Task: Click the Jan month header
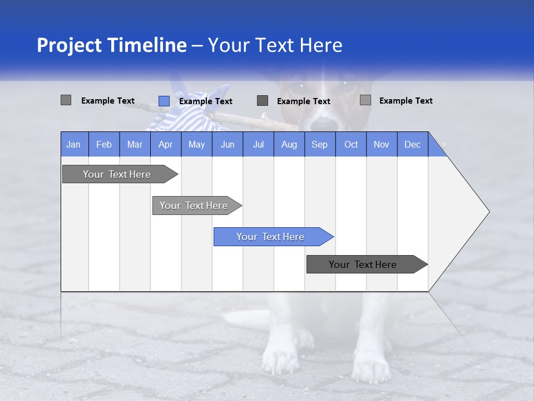tap(74, 144)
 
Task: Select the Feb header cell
tap(104, 144)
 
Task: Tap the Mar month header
tap(135, 144)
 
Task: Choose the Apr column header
tap(166, 144)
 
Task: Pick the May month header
tap(196, 144)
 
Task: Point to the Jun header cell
tap(228, 144)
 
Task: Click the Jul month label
tap(258, 144)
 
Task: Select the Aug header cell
tap(289, 144)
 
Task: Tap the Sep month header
tap(320, 144)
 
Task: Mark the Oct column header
tap(351, 144)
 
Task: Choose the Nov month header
tap(382, 144)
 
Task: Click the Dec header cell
tap(413, 144)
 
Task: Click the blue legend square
tap(164, 101)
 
